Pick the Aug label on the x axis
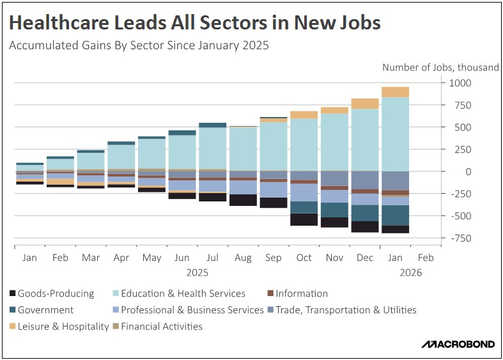[243, 258]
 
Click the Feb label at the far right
[425, 258]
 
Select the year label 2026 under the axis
[409, 272]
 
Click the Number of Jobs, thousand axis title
[440, 67]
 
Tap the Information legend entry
[297, 293]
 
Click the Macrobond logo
[458, 345]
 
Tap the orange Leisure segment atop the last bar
[395, 92]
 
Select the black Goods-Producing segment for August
[243, 200]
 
